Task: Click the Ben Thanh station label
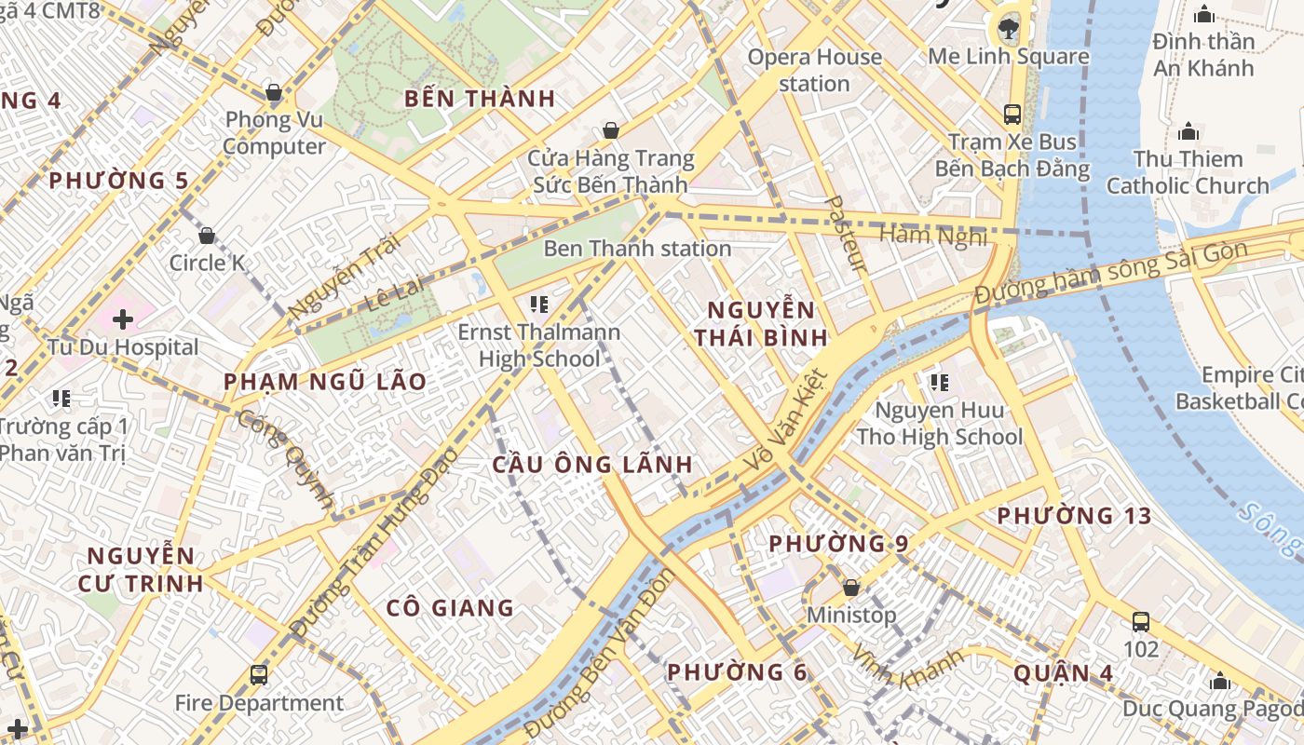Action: coord(637,249)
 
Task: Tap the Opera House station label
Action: coord(815,70)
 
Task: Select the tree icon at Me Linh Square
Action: coord(1008,28)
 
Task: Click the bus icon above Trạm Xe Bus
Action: coord(1012,115)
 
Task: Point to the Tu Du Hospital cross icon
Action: coord(122,319)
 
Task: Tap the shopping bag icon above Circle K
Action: coord(207,236)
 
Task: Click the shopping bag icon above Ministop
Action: coord(850,588)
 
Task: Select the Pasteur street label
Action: coord(846,234)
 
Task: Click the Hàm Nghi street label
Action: coord(933,236)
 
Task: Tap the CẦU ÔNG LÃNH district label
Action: coord(592,464)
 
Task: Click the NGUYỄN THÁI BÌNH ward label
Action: coord(761,323)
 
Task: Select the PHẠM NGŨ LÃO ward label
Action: coord(325,381)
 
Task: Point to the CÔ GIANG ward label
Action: coord(450,608)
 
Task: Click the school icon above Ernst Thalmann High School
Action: coord(538,304)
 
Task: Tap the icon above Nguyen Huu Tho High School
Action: coord(939,382)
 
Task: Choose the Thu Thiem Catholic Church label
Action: coord(1188,172)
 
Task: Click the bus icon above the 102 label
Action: coord(1140,621)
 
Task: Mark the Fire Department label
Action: coord(259,703)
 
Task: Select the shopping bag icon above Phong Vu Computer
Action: coord(274,92)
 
